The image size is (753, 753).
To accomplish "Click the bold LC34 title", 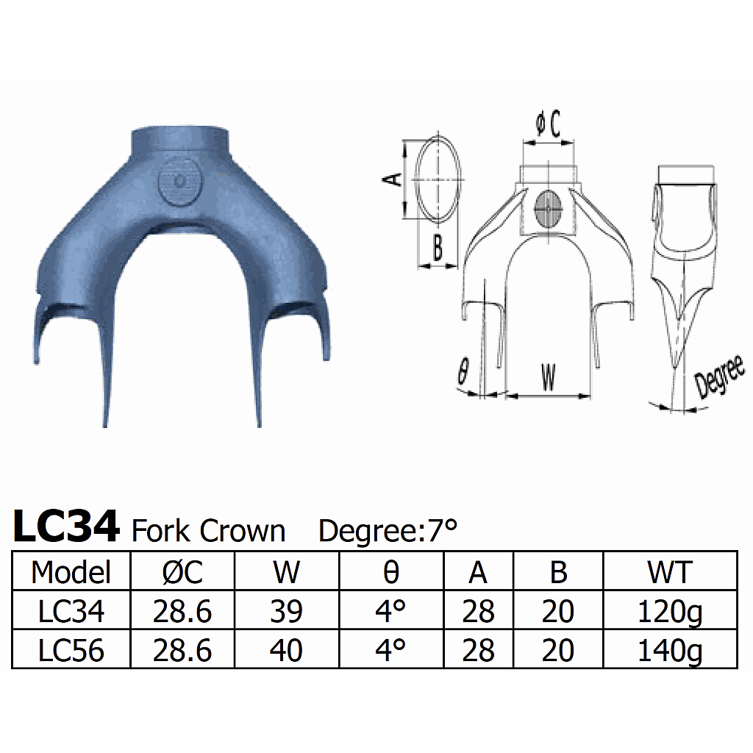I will pyautogui.click(x=66, y=527).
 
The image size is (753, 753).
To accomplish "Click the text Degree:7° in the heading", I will pyautogui.click(x=388, y=530).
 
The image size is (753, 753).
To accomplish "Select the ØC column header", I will pyautogui.click(x=182, y=571).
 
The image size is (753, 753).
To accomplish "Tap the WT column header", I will pyautogui.click(x=669, y=571).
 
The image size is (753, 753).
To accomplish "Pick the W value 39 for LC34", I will pyautogui.click(x=286, y=611).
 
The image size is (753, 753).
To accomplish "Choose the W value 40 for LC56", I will pyautogui.click(x=286, y=650).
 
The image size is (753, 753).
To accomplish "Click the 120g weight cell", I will pyautogui.click(x=669, y=612).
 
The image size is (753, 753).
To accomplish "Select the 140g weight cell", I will pyautogui.click(x=669, y=651).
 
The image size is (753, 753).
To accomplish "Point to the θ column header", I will pyautogui.click(x=390, y=571).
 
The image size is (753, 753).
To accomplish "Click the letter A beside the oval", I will pyautogui.click(x=394, y=179).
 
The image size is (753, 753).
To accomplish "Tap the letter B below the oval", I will pyautogui.click(x=437, y=249).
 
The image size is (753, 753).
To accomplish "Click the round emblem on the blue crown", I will pyautogui.click(x=179, y=181).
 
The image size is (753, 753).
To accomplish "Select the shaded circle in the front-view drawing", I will pyautogui.click(x=549, y=209).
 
